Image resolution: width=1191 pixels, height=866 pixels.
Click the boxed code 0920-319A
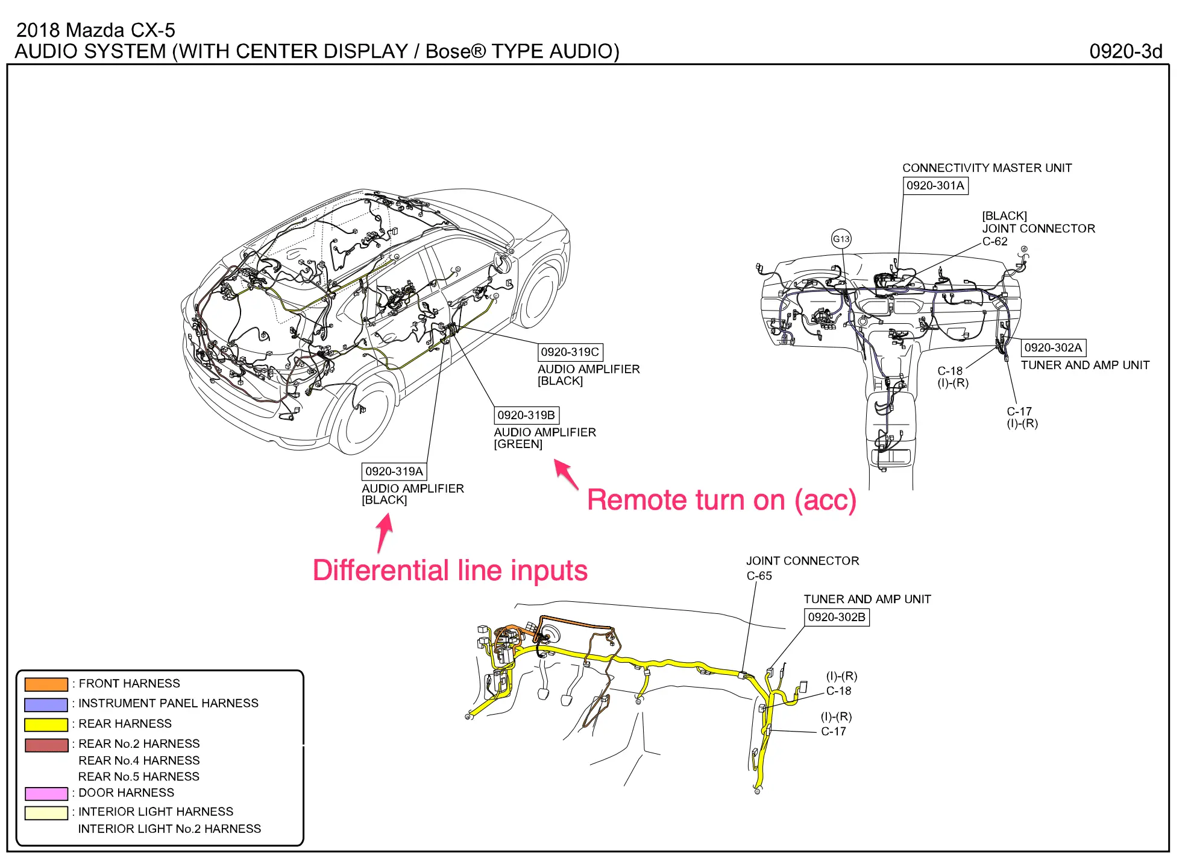(394, 471)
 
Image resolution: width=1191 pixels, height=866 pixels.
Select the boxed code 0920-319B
(526, 415)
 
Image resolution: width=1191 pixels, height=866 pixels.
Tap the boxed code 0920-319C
(570, 352)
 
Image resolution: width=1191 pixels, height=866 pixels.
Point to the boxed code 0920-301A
(935, 185)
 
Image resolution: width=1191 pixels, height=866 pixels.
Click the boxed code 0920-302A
(1053, 347)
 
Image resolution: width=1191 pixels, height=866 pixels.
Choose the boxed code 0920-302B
(837, 617)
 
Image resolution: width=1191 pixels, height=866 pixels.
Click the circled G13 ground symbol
(841, 239)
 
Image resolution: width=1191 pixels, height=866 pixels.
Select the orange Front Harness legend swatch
(46, 684)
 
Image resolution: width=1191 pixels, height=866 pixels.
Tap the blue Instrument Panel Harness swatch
(46, 704)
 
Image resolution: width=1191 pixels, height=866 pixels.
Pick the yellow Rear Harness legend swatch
(46, 724)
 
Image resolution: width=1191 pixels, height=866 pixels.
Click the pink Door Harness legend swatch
(46, 793)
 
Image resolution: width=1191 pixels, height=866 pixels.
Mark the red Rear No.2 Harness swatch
(46, 745)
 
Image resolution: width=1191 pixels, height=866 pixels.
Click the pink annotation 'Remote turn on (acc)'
(721, 500)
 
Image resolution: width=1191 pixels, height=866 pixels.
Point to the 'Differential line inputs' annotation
(450, 570)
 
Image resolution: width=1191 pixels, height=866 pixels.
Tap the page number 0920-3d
(1125, 51)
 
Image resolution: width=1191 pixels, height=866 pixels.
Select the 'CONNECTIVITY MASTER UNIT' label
(987, 168)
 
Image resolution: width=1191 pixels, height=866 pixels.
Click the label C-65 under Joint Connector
(759, 576)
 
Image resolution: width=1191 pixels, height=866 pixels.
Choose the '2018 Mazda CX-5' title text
(95, 30)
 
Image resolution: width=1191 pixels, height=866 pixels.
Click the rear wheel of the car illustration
(364, 416)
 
